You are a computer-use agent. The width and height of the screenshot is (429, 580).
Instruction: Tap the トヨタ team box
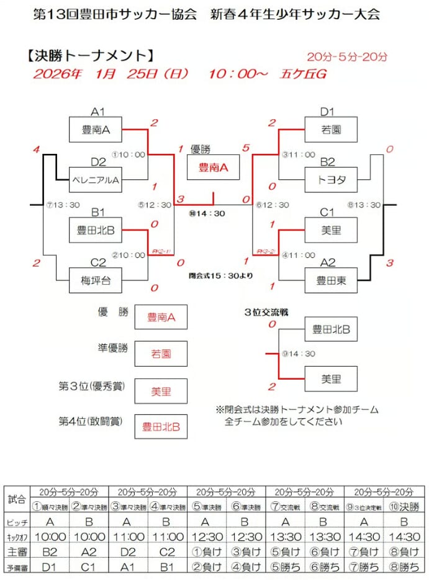(330, 181)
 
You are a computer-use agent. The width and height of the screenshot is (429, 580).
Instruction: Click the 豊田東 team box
(330, 280)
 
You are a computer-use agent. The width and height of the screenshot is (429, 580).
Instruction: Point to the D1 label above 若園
(327, 112)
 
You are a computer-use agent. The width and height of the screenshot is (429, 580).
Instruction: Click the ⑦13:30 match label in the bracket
(63, 205)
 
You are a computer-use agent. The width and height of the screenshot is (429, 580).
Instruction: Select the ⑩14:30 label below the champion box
(207, 213)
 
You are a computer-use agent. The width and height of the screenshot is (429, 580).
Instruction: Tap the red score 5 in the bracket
(246, 148)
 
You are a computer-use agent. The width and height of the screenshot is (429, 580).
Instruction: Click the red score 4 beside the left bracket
(37, 150)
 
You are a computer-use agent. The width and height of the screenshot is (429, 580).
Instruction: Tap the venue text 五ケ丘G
(303, 74)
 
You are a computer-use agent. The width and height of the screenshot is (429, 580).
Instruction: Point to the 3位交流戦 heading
(266, 312)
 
